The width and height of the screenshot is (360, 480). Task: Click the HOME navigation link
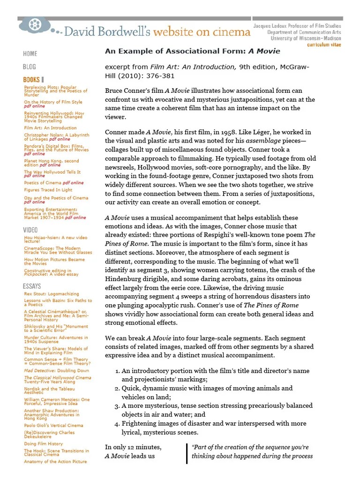point(30,53)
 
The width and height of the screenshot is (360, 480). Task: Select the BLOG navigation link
point(30,67)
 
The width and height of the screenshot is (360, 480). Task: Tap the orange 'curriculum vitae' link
point(324,45)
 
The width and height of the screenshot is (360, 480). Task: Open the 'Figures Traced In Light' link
point(48,190)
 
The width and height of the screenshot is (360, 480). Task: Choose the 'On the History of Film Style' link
point(53,102)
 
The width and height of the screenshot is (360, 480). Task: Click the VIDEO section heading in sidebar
point(30,230)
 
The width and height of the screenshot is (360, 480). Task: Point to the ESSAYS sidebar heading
point(32,286)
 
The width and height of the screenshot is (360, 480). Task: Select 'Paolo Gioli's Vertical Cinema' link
point(53,425)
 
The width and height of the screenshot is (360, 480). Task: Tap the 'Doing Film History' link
point(43,443)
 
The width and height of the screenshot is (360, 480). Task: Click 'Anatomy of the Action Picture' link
point(55,461)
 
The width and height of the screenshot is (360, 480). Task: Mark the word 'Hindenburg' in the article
point(126,278)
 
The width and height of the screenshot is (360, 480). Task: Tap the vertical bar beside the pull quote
point(187,452)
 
